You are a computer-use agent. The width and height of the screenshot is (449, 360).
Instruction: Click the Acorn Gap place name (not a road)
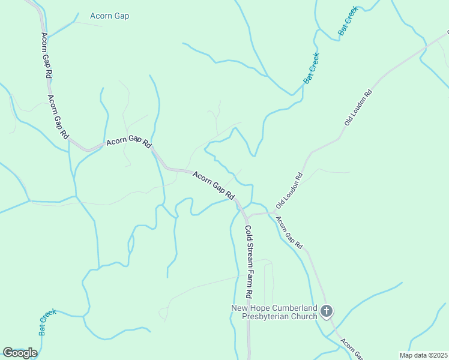(109, 16)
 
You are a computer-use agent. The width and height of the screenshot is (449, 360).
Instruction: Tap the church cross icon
(326, 311)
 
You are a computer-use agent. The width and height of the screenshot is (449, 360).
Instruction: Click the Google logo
(20, 353)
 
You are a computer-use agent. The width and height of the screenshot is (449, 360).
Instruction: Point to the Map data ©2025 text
(423, 355)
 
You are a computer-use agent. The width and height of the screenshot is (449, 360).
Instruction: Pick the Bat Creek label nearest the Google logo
(47, 321)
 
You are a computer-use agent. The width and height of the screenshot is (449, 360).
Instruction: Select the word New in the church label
(240, 308)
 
